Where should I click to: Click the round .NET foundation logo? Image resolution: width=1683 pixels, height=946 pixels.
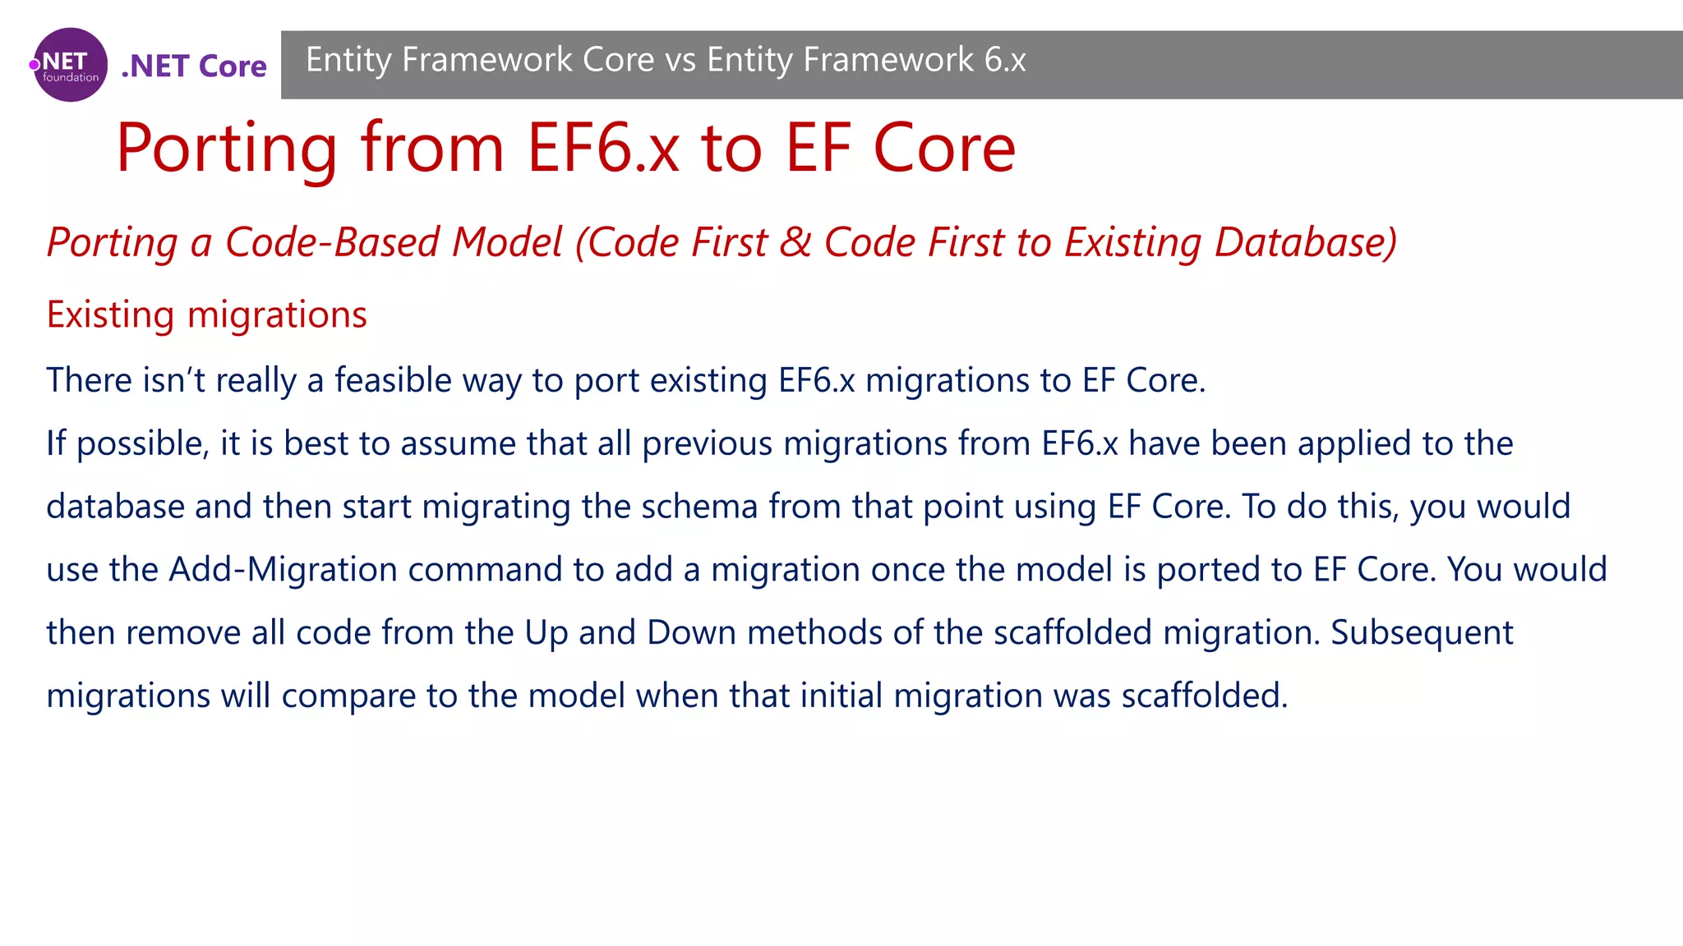(x=70, y=65)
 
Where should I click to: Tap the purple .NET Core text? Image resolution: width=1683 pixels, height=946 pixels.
(x=194, y=67)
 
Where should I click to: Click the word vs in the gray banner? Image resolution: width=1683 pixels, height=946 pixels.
(x=680, y=60)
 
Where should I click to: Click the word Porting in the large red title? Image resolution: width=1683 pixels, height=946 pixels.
(x=227, y=149)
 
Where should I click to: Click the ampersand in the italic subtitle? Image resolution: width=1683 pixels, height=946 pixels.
(x=795, y=243)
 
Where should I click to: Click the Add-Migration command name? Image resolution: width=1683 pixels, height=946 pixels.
(x=283, y=570)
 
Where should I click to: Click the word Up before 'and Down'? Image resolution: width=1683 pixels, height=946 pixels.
(x=546, y=633)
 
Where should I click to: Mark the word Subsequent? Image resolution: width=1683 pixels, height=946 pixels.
(x=1422, y=633)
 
